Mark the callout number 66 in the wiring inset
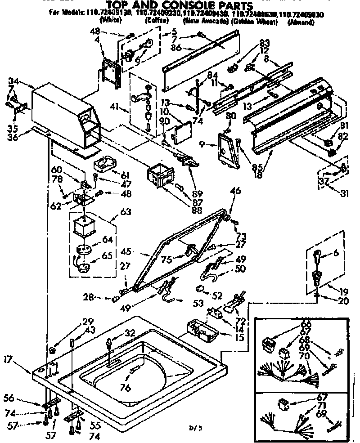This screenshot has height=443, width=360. coord(306,324)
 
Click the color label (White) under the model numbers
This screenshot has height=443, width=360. coord(110,21)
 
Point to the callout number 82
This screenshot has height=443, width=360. coord(344,136)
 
